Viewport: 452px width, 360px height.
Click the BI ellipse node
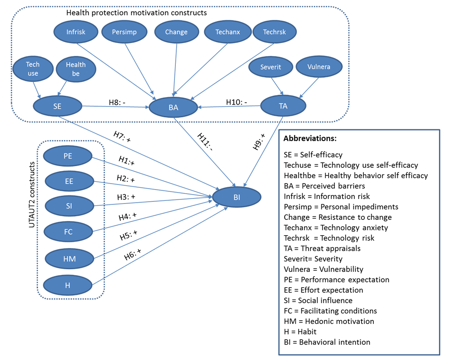[x=237, y=197]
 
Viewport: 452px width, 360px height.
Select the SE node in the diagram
[x=57, y=106]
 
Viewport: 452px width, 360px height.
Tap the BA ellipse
[x=174, y=107]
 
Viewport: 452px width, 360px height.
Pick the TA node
[x=283, y=106]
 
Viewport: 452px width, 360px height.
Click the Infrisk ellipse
[x=76, y=32]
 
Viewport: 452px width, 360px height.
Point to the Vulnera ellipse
[x=319, y=66]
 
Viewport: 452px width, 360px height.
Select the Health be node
[x=75, y=69]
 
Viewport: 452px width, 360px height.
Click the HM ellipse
[x=70, y=259]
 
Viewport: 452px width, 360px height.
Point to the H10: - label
[x=236, y=102]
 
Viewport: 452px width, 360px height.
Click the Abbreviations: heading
[x=310, y=138]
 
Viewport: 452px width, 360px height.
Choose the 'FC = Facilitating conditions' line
[x=330, y=311]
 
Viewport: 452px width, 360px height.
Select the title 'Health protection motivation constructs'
[x=137, y=13]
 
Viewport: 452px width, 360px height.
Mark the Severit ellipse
[x=271, y=66]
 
